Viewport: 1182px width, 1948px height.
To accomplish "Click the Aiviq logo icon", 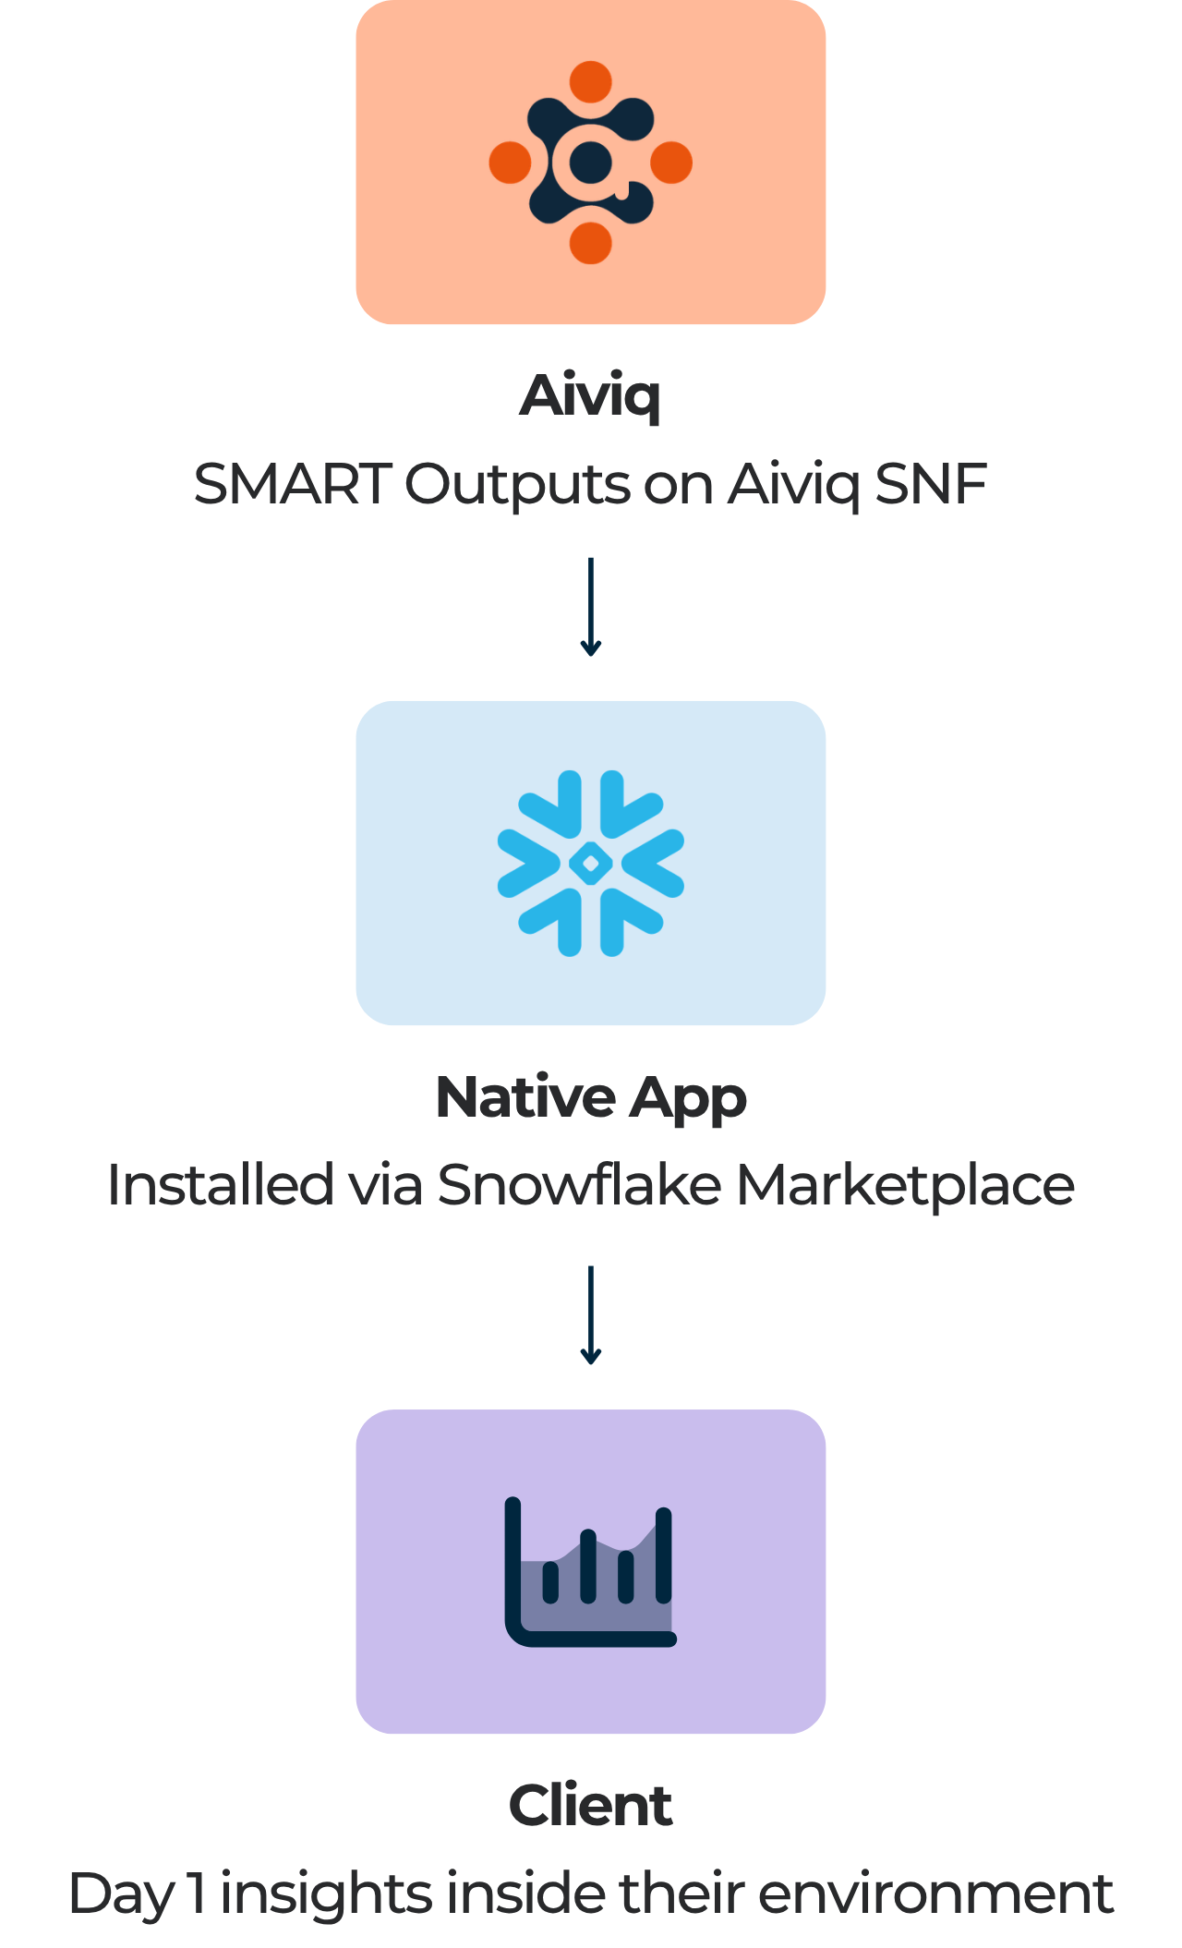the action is coord(591,163).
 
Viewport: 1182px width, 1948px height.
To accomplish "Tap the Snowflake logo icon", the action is coord(591,864).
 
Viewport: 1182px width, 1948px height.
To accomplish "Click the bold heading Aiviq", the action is coord(591,395).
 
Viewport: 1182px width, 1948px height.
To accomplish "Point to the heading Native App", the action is coord(591,1097).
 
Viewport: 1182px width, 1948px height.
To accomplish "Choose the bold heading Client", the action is coord(591,1806).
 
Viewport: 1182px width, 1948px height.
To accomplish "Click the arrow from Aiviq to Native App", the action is coord(591,607).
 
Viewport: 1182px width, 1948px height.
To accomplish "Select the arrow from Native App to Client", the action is coord(591,1315).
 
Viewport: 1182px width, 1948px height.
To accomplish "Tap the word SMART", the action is coord(293,484).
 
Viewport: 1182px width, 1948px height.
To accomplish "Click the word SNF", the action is coord(931,484).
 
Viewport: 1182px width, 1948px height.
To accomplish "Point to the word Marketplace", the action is coord(905,1186).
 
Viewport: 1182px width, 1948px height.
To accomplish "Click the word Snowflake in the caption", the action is coord(579,1184).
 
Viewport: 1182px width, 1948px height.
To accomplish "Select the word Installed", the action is coord(221,1184).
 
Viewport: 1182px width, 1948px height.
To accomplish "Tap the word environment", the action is coord(936,1894).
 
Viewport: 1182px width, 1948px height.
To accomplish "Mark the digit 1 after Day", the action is coord(197,1894).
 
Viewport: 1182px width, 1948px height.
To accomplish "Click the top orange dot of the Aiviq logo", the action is coord(591,82).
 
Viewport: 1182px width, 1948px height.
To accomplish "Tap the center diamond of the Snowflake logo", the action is coord(591,864).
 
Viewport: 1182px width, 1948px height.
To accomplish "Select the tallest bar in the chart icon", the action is coord(663,1555).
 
